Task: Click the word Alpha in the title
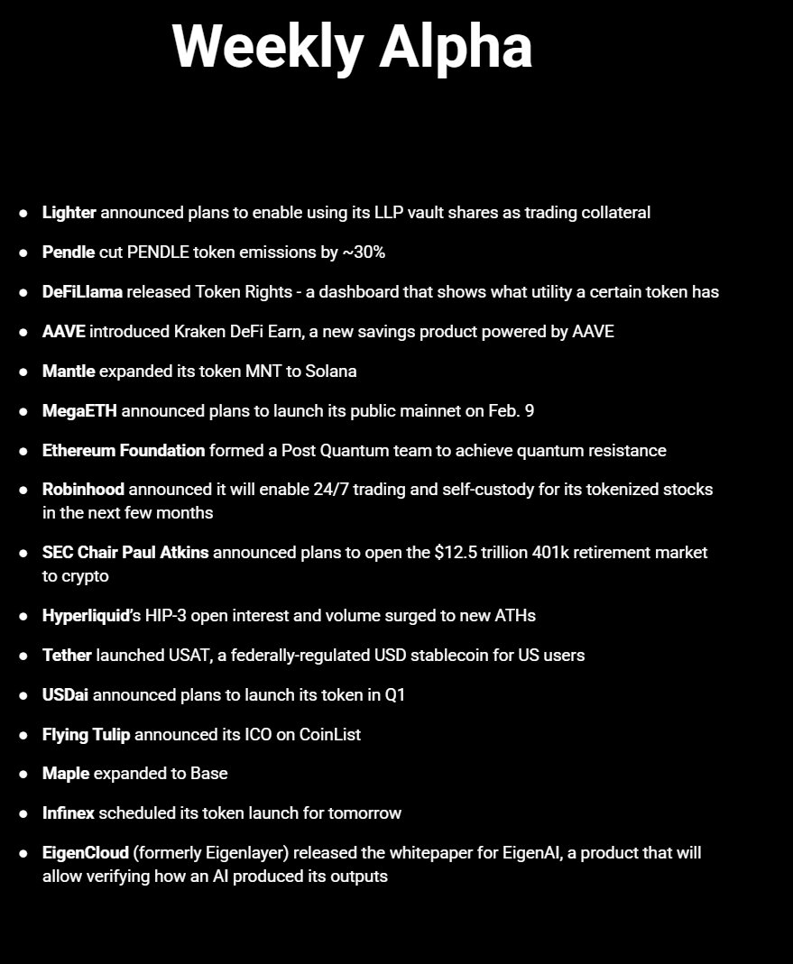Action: click(x=456, y=46)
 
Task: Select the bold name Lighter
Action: click(x=69, y=213)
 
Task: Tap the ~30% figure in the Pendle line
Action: click(x=364, y=252)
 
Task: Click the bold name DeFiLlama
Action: click(x=82, y=292)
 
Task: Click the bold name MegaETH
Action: click(x=79, y=410)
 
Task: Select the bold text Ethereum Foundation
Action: click(x=124, y=450)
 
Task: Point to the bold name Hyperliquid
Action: click(x=87, y=616)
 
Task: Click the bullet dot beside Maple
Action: click(x=23, y=774)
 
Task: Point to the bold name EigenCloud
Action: click(x=86, y=852)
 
